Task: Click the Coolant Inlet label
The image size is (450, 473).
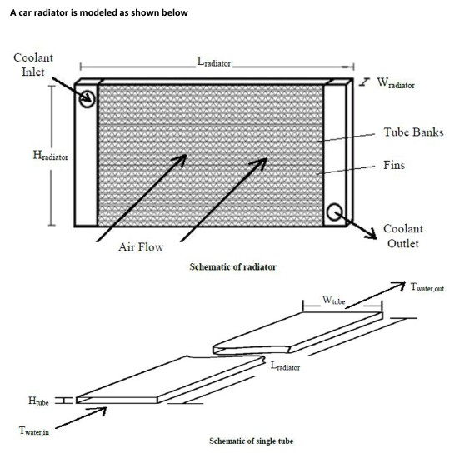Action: tap(33, 64)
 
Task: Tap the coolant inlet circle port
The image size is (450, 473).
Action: tap(87, 97)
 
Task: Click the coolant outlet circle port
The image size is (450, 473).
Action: tap(335, 212)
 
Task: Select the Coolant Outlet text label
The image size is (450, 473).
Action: tap(402, 236)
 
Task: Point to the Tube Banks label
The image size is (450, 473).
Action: tap(413, 132)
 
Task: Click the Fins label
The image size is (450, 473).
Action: tap(394, 165)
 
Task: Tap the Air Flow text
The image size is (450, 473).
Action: tap(141, 246)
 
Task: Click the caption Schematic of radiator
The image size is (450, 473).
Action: tap(233, 266)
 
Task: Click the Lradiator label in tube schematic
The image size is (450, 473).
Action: tap(285, 366)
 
